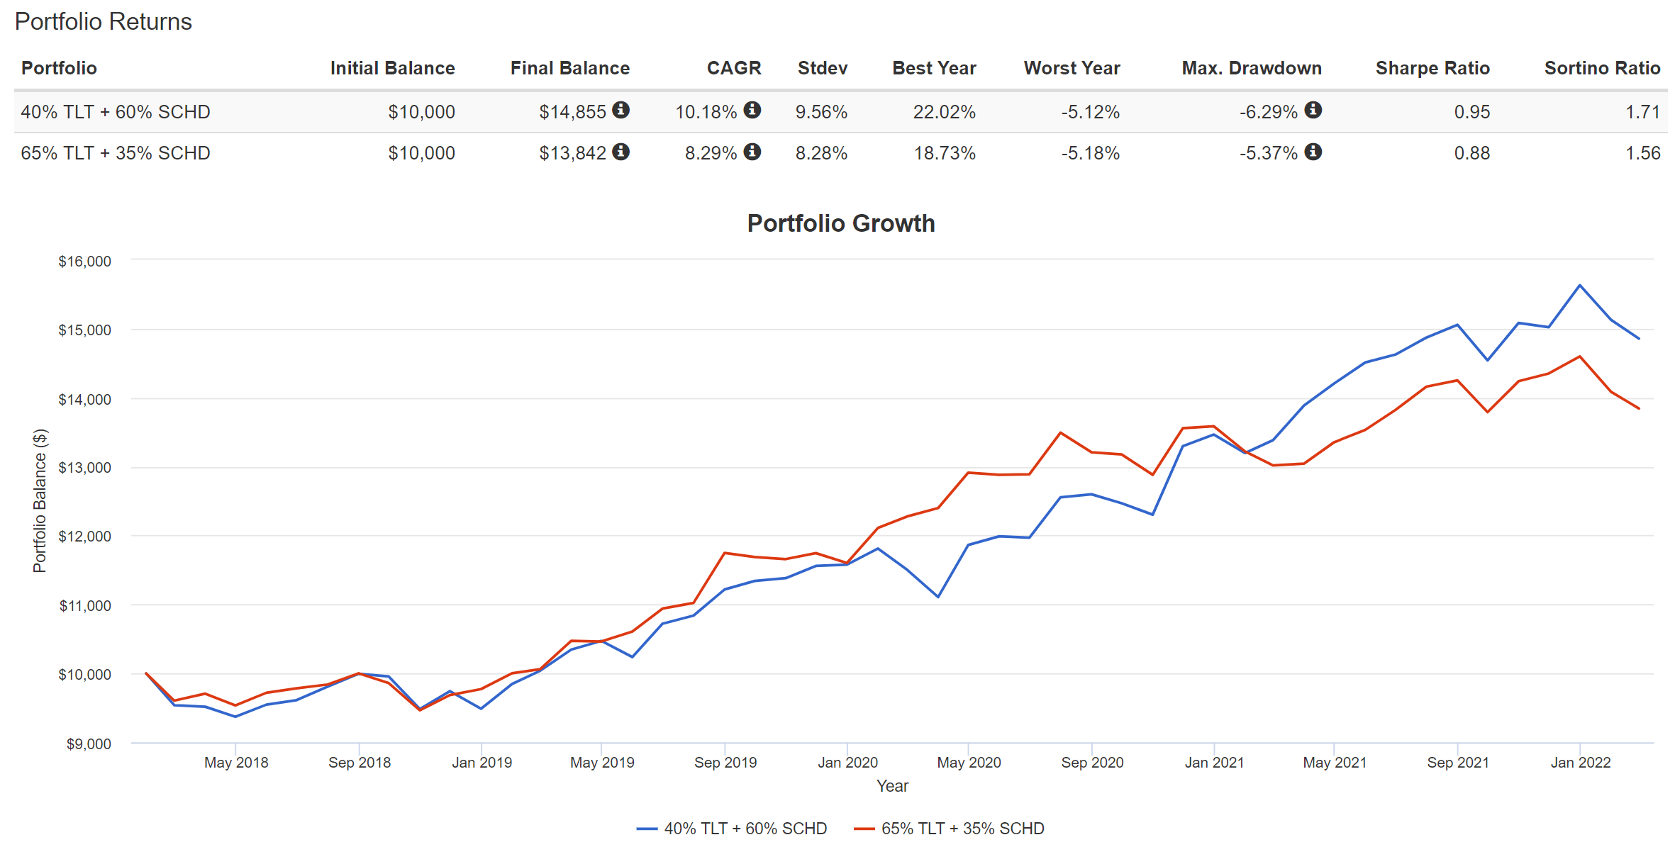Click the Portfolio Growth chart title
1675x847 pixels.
tap(840, 223)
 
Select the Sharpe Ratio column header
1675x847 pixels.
tap(1432, 68)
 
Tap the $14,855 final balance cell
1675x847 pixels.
tap(572, 112)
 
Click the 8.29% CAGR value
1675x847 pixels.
tap(711, 153)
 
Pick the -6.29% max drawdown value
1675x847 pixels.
tap(1268, 112)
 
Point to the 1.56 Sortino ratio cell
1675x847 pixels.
tap(1642, 153)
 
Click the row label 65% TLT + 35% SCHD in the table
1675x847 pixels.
tap(116, 153)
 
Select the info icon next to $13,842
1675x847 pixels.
tap(621, 152)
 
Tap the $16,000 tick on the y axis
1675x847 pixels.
tap(84, 262)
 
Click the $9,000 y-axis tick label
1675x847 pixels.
tap(89, 744)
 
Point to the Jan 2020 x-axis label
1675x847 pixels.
tap(847, 763)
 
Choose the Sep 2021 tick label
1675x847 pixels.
tap(1457, 763)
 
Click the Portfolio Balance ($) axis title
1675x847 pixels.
tap(40, 500)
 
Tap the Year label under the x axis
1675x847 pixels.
tap(892, 786)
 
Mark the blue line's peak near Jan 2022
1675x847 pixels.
tap(1579, 286)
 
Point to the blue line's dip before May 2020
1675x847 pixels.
tap(937, 597)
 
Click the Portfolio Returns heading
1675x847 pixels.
tap(104, 21)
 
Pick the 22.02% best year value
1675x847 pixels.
tap(944, 112)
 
